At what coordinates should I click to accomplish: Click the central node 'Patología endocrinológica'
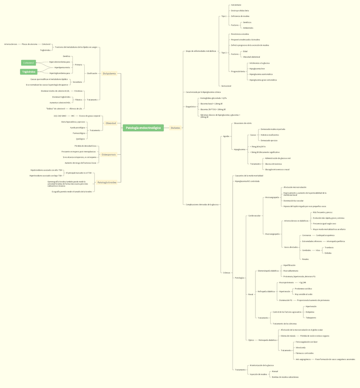coord(143,128)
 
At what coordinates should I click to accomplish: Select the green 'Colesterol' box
coord(28,63)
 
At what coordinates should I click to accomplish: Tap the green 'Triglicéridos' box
coord(28,72)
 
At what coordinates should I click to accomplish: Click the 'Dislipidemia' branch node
coord(109,73)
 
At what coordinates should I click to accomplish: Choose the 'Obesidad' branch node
coord(111,123)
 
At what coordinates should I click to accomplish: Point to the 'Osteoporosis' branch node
coord(109,155)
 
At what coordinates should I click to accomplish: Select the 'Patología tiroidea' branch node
coord(107,182)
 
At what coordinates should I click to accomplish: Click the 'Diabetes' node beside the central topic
coord(175,128)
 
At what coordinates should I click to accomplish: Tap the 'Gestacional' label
coord(226,86)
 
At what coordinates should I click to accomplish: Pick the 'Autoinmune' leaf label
coord(236,5)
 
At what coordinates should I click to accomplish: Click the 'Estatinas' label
coord(78,91)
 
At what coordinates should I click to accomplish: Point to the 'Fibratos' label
coord(79,100)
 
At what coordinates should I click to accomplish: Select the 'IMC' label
coord(73,116)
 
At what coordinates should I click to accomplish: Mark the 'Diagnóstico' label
coord(191,107)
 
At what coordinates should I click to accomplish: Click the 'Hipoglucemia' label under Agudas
coord(240,149)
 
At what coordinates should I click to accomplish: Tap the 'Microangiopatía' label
coord(272,197)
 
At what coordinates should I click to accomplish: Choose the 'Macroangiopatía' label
coord(272,234)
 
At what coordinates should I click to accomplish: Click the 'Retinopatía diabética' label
coord(267,340)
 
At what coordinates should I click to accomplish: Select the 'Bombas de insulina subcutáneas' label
coord(285,377)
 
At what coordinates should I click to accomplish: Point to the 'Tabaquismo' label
coord(311,318)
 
